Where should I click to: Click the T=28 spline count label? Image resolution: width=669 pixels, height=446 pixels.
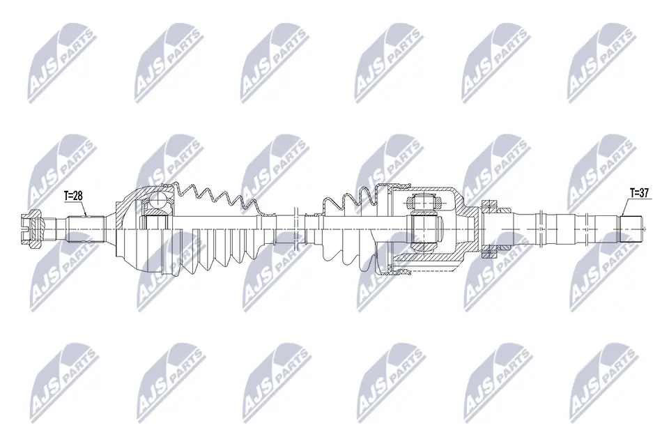pyautogui.click(x=73, y=197)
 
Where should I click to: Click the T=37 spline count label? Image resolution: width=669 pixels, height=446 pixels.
pyautogui.click(x=639, y=193)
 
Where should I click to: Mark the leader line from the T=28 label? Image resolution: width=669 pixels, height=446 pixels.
pyautogui.click(x=82, y=210)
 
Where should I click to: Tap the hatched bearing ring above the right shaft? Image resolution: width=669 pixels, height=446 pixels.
pyautogui.click(x=493, y=205)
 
